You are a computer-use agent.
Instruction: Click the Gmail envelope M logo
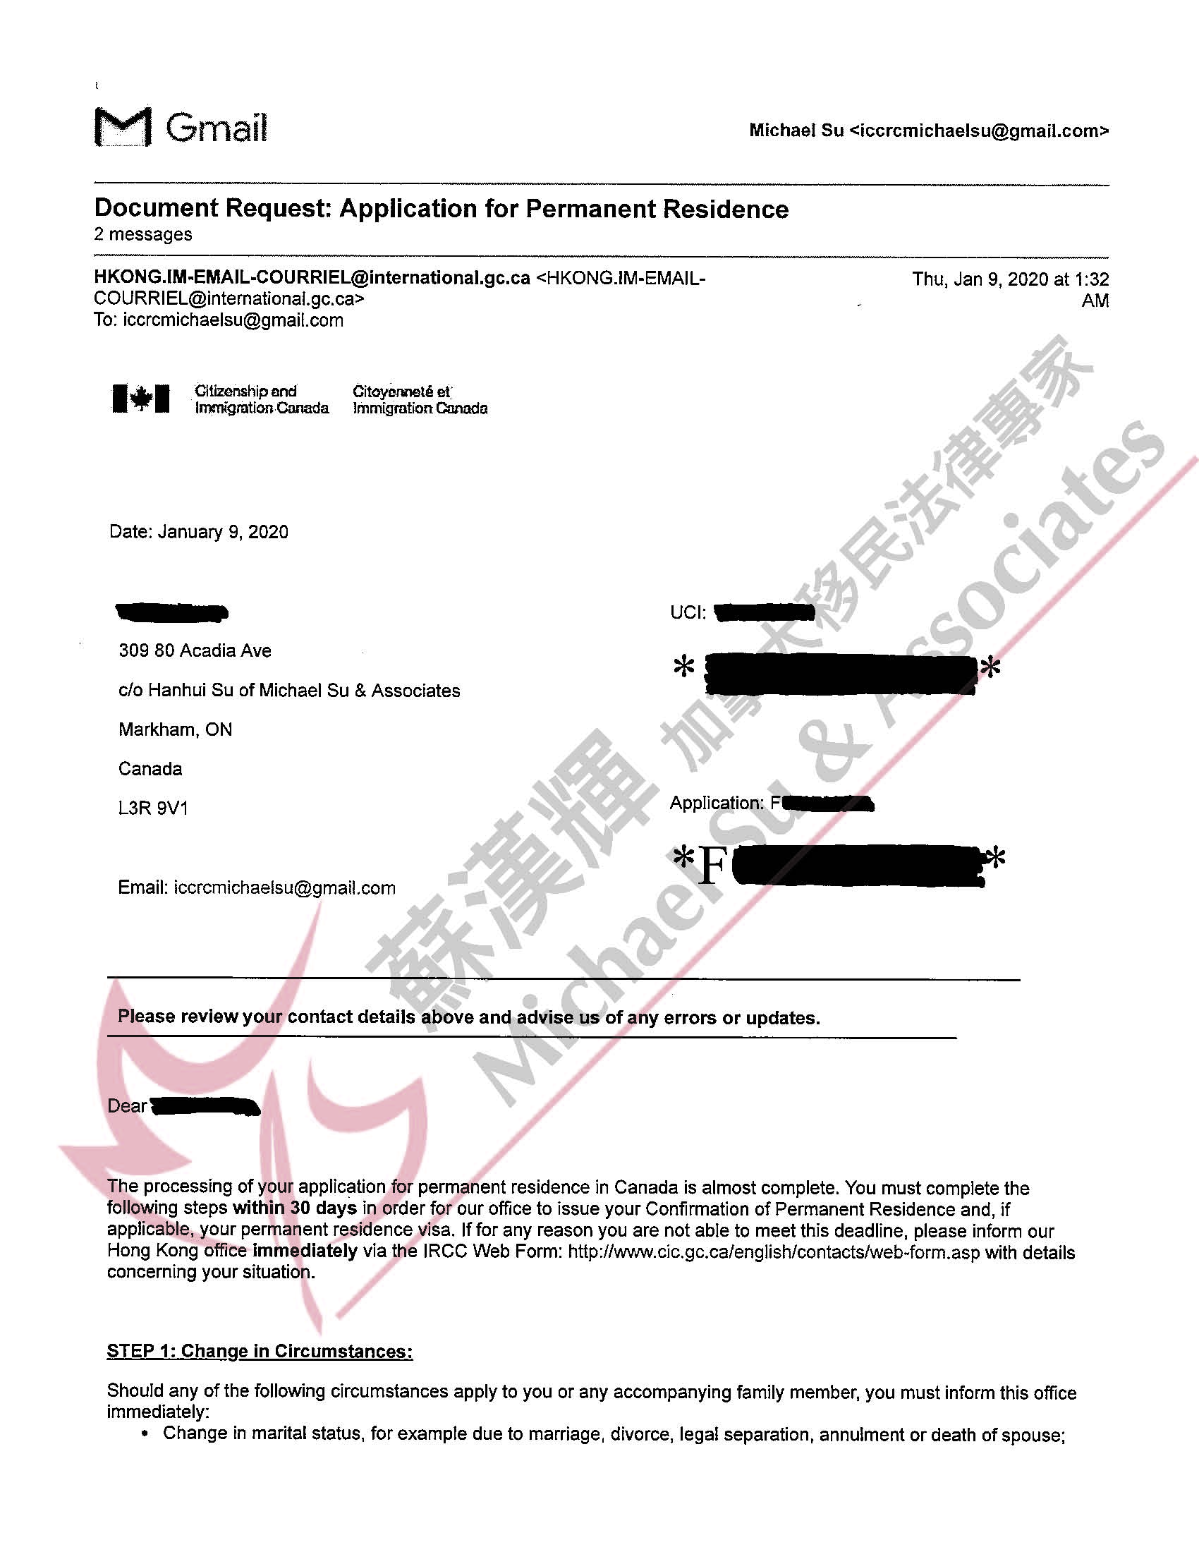click(x=122, y=127)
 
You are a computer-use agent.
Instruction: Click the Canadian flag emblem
click(x=140, y=399)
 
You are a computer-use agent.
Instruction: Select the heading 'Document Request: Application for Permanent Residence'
click(x=441, y=209)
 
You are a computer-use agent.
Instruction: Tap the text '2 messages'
click(x=142, y=234)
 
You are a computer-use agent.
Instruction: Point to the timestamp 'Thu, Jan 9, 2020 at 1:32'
click(x=1010, y=279)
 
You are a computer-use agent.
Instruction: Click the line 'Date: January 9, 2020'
click(x=199, y=532)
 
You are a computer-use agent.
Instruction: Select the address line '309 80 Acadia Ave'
click(x=195, y=651)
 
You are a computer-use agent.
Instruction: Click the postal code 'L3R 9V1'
click(x=153, y=808)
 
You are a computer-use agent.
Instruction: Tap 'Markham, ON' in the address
click(x=175, y=730)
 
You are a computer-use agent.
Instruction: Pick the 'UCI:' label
click(x=688, y=612)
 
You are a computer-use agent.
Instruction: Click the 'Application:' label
click(x=716, y=803)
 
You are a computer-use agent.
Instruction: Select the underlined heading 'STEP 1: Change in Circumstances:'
click(x=260, y=1351)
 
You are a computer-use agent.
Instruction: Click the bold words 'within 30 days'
click(x=295, y=1208)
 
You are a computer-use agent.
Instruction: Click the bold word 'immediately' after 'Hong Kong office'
click(x=305, y=1251)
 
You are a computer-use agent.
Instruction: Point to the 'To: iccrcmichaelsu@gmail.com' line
click(x=218, y=320)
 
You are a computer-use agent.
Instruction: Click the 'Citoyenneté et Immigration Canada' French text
click(x=420, y=399)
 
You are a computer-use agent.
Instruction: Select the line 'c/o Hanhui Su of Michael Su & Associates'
click(x=289, y=691)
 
